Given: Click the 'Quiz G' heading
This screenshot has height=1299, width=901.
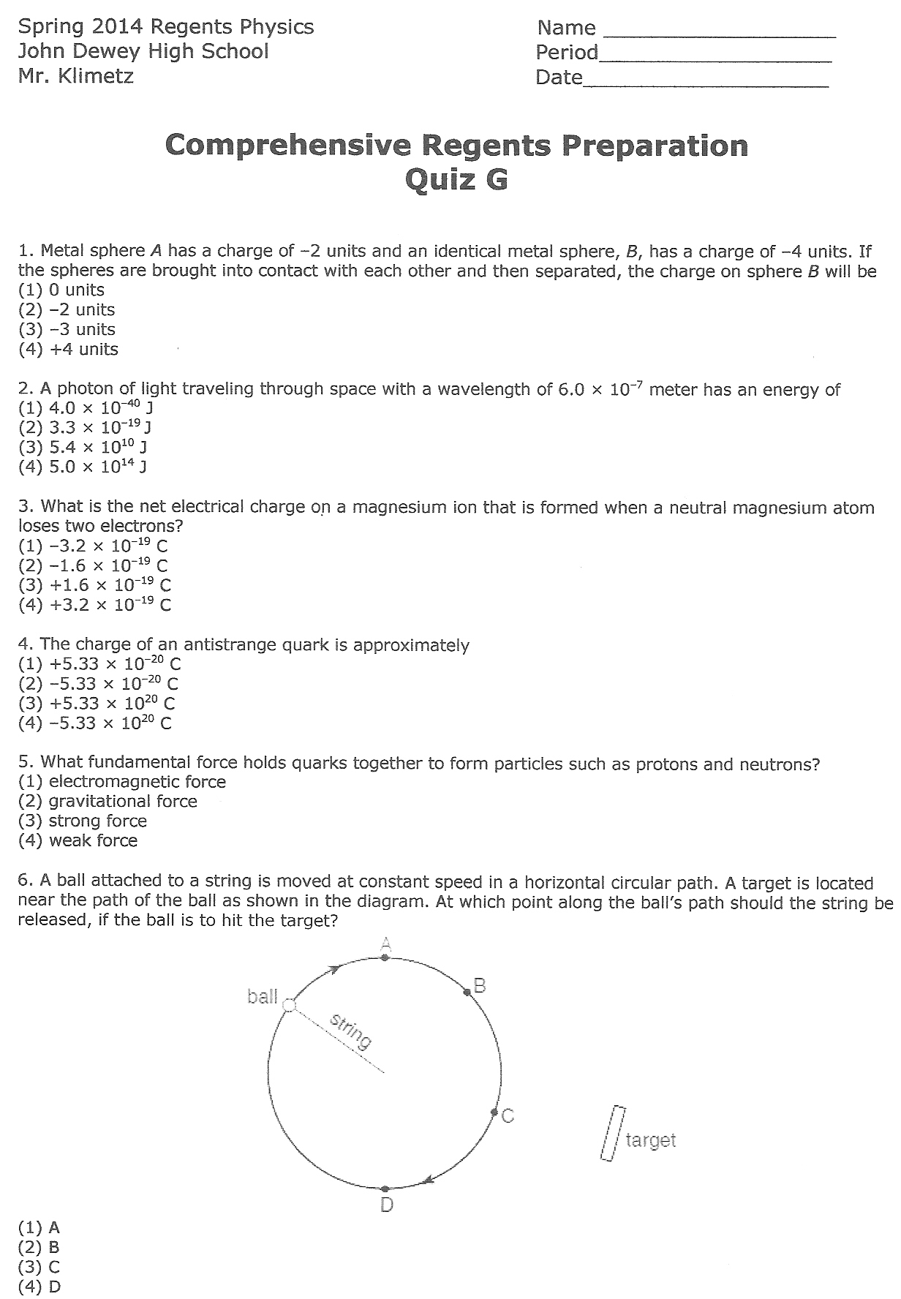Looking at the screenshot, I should (456, 178).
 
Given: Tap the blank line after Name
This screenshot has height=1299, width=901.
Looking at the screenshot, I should (718, 34).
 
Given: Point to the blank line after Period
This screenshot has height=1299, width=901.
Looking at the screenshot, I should (715, 59).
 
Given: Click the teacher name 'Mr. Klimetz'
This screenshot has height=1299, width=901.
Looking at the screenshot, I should (76, 76).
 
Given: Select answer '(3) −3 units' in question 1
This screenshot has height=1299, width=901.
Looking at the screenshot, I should (67, 329).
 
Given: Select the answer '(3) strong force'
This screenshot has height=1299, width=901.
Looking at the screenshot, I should (83, 821).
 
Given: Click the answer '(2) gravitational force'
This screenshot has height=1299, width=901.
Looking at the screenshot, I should (108, 801).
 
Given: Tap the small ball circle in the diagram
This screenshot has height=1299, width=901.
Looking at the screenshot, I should (289, 1006).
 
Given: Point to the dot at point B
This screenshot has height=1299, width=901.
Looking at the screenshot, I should (467, 992).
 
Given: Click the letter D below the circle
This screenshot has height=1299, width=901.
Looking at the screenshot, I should (387, 1205).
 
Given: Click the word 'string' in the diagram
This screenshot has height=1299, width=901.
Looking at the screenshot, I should (351, 1031).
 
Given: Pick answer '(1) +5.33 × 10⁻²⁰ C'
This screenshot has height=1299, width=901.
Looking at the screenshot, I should (99, 664).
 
